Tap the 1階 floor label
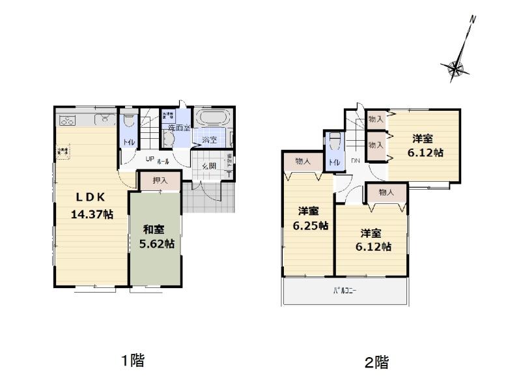click(x=132, y=360)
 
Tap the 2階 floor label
click(x=376, y=362)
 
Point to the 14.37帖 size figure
click(x=92, y=213)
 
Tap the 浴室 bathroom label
click(x=209, y=139)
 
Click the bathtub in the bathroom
click(x=213, y=120)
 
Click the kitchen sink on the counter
click(x=104, y=119)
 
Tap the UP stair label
click(x=149, y=160)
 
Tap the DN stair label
click(x=356, y=161)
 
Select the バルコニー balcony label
click(x=345, y=291)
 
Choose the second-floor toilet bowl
click(x=335, y=141)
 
